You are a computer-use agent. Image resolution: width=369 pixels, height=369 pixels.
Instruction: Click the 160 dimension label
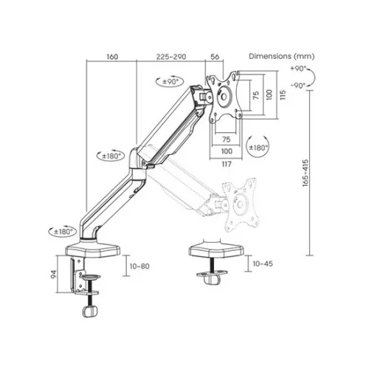coord(112,57)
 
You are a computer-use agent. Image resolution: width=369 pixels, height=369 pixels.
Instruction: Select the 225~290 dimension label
coord(171,57)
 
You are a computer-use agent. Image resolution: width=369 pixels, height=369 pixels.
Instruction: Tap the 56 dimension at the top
coord(215,57)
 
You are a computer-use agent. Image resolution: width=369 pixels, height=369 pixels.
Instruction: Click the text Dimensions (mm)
coord(282,56)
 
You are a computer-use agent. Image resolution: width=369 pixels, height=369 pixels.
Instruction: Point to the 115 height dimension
coord(283,94)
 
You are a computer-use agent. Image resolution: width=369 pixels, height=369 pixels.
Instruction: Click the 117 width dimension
coord(227,164)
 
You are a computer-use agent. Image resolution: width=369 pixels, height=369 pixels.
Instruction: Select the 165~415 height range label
coord(306,173)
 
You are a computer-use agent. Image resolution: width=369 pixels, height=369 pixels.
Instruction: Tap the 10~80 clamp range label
coord(139,266)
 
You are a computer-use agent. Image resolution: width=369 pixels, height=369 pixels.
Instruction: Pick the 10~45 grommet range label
coord(263,263)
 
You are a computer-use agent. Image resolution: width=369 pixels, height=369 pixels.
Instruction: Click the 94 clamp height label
coord(53,275)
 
